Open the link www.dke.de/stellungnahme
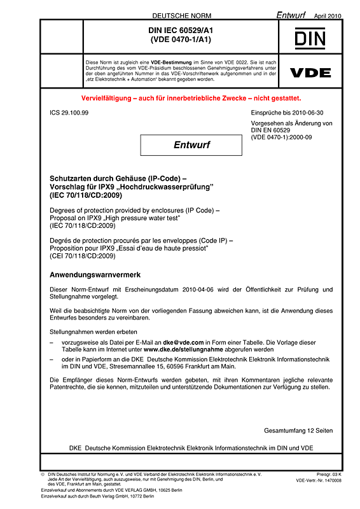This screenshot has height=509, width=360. pos(181,350)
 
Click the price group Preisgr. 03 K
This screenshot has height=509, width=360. pos(328,474)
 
